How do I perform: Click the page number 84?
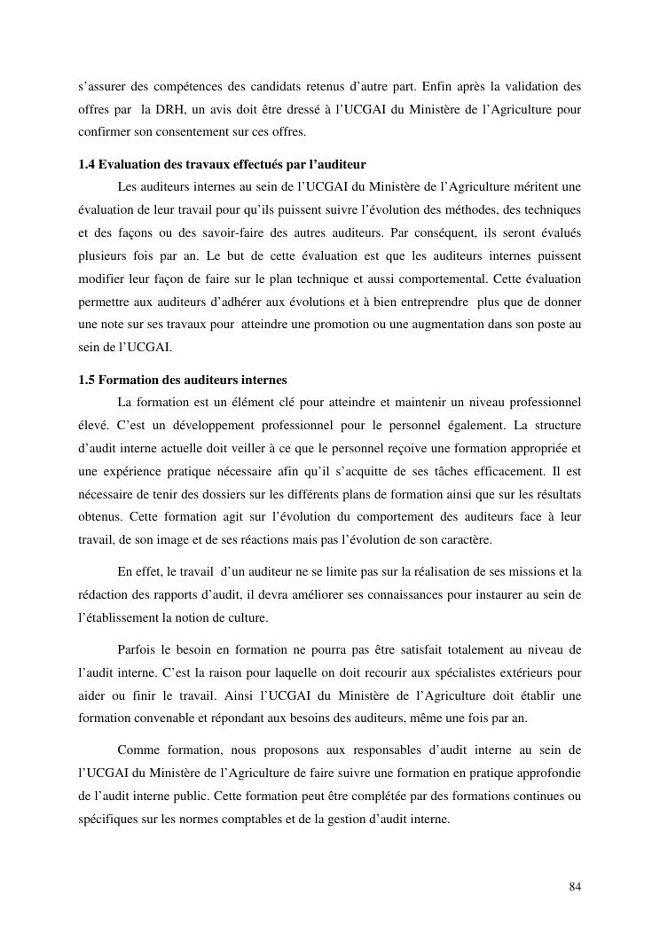575,887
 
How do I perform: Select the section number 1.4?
87,165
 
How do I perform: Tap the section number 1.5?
87,381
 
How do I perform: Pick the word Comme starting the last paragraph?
137,750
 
